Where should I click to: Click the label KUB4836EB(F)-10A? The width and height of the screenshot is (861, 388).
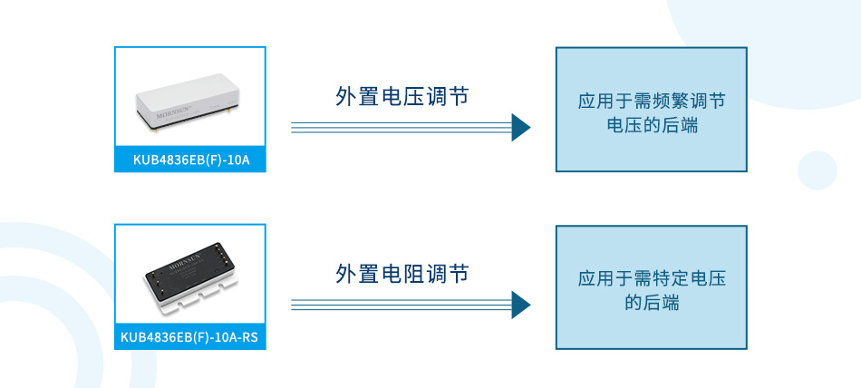coord(190,160)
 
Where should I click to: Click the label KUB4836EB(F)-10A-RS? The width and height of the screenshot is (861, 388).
coord(190,338)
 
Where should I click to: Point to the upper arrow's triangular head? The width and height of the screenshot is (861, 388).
coord(520,128)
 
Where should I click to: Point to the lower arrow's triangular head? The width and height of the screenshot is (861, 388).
coord(520,305)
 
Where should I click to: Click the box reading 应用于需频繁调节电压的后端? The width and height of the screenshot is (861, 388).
coord(651,110)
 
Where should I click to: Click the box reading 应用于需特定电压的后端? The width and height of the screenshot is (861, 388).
coord(651,287)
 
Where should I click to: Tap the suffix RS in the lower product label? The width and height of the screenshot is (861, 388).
coord(250,338)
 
